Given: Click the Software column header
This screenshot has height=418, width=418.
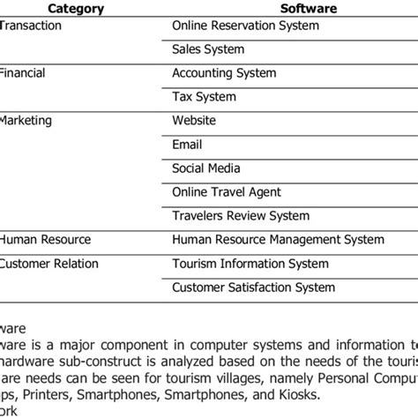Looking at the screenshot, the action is pos(310,9).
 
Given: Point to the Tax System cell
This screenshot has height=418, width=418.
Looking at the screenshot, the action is pos(204,97).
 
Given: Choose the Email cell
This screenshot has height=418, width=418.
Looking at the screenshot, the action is pos(187,145).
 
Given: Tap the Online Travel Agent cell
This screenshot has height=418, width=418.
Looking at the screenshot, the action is pos(227,192).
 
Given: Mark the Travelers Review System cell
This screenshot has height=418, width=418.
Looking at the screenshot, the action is pos(240,216).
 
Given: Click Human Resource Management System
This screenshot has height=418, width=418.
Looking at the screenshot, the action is pos(278,240).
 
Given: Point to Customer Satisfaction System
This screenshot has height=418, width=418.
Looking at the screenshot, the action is pos(253,287).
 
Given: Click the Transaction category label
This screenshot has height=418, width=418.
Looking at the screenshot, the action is pos(31,26).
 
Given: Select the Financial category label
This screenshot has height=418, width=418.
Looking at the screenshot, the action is pos(23,73).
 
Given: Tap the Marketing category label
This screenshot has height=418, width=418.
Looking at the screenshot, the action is pos(26,121).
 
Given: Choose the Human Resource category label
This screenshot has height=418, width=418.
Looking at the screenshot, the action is pos(45,240).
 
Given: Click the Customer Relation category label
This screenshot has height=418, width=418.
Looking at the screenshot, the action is pos(49,264).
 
